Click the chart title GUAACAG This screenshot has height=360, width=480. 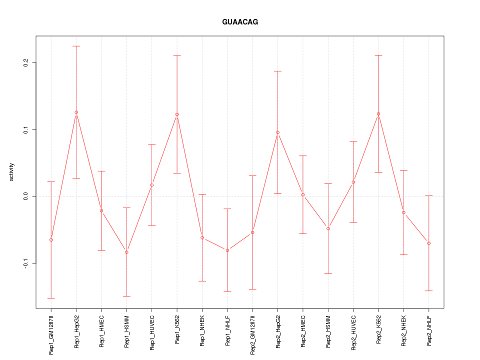(x=240, y=22)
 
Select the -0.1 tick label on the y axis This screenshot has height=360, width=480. (x=26, y=263)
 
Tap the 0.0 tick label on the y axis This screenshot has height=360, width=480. (x=26, y=196)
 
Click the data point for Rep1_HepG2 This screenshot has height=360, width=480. (x=76, y=112)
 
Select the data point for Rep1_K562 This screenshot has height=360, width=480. (x=177, y=114)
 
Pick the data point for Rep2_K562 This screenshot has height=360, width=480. (x=378, y=114)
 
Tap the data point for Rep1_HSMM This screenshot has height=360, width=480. (x=126, y=252)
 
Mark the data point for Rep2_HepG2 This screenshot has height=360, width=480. (x=277, y=132)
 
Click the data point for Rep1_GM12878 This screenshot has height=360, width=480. (x=51, y=240)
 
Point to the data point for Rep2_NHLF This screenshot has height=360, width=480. (x=429, y=243)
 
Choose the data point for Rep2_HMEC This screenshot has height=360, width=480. (x=303, y=194)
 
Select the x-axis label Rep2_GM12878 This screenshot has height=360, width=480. (x=252, y=334)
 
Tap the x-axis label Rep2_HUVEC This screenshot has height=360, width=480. (x=353, y=331)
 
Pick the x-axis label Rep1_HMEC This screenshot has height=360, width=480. (x=101, y=330)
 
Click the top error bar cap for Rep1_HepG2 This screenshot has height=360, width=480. (x=76, y=46)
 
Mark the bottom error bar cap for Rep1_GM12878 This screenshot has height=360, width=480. (x=51, y=298)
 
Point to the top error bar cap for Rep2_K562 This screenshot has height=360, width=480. (x=378, y=55)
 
